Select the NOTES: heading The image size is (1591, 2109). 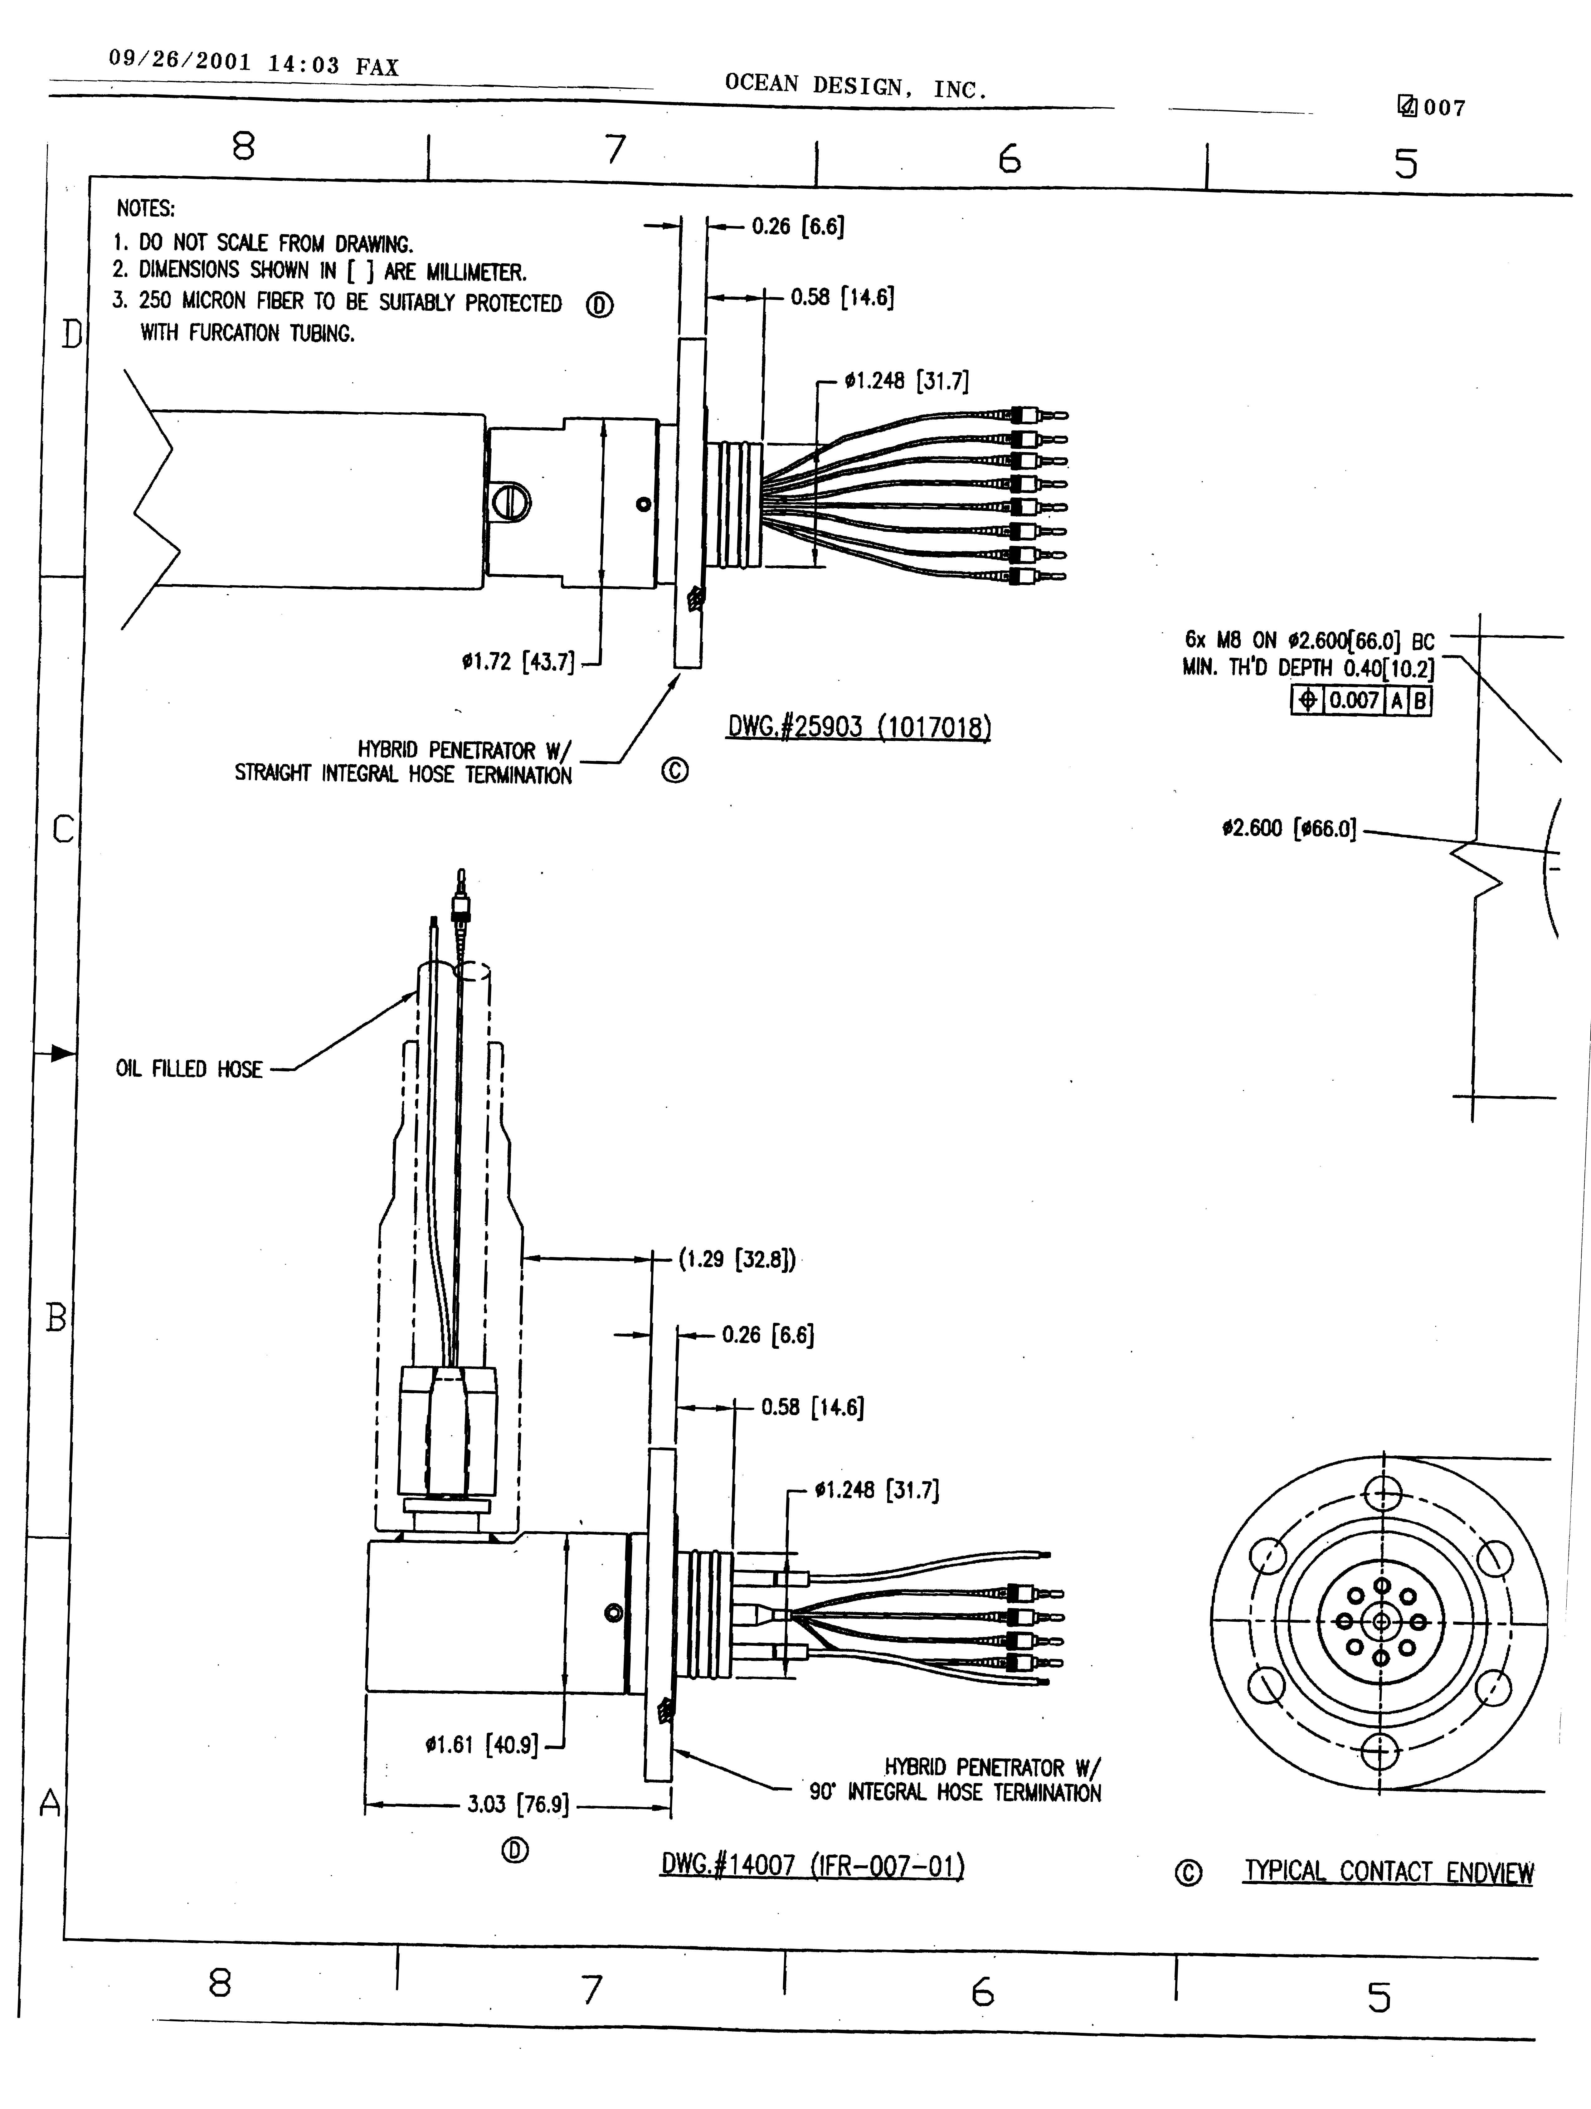coord(146,208)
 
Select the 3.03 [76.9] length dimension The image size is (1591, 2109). coord(518,1804)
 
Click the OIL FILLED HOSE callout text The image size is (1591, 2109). coord(189,1069)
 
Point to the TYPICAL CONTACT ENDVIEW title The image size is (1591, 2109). coord(1389,1872)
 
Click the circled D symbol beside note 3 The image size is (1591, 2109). coord(600,305)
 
